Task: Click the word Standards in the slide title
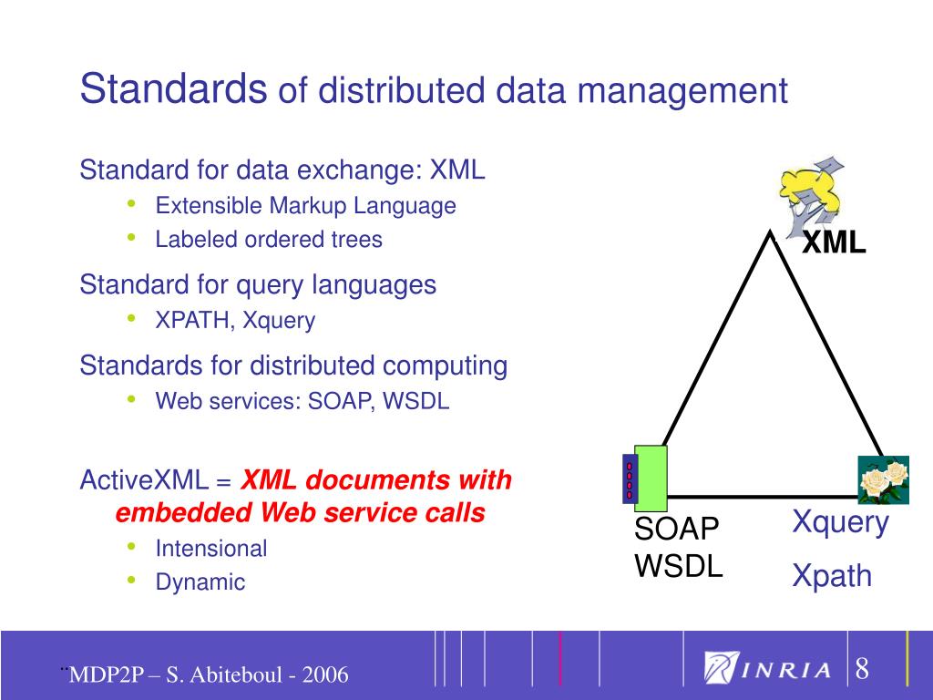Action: [173, 88]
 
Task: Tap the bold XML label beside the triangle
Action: [834, 242]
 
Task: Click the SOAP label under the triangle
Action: [677, 529]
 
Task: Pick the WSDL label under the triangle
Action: [679, 566]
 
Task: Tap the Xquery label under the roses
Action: [840, 522]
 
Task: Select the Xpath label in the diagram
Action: [832, 576]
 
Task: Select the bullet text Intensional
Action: [210, 549]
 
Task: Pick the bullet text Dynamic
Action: [200, 582]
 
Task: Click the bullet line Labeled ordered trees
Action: [269, 240]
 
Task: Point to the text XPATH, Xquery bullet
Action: [235, 321]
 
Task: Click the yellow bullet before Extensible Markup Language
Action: [133, 203]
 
